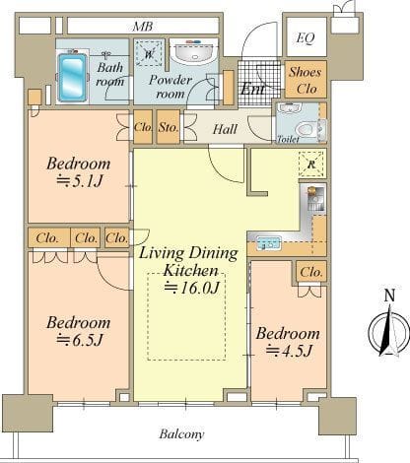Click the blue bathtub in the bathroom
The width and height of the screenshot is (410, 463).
tap(73, 77)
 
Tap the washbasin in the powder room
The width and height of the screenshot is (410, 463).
tap(194, 52)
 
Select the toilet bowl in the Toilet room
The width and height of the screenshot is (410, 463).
tap(307, 129)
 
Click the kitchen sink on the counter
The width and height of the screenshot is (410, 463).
tap(269, 243)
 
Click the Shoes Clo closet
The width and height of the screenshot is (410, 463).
tap(306, 79)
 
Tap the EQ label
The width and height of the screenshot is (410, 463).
tap(306, 38)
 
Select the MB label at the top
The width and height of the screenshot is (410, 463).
tap(143, 27)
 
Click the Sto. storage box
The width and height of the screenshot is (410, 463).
tap(169, 127)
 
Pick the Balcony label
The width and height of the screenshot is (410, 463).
tap(181, 434)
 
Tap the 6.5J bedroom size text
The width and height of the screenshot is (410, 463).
tap(80, 340)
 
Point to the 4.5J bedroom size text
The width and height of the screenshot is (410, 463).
tap(289, 350)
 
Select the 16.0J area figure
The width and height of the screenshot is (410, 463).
tap(191, 287)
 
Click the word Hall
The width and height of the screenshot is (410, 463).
tap(225, 129)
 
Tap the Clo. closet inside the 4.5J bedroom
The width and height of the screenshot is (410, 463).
tap(311, 272)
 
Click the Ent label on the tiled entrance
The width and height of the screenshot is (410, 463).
tap(252, 89)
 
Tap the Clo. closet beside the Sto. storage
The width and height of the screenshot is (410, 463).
tap(143, 127)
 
